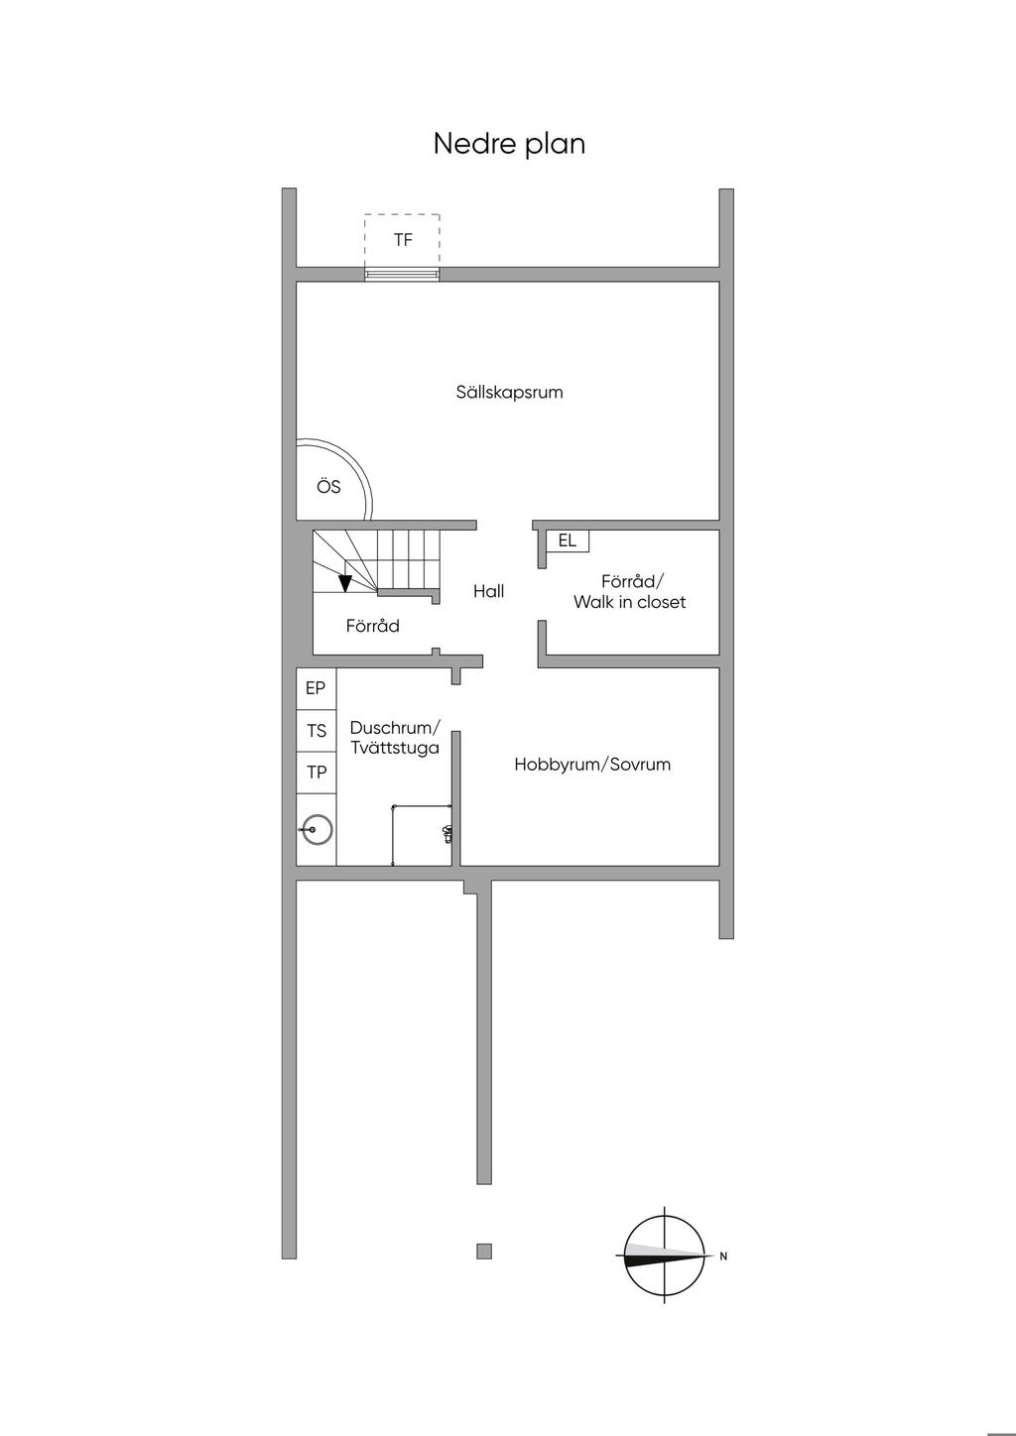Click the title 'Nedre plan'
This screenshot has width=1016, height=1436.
click(x=509, y=144)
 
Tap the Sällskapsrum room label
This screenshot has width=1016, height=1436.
click(x=509, y=392)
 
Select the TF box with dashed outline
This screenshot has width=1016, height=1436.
click(x=402, y=240)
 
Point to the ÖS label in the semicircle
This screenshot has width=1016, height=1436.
click(x=328, y=487)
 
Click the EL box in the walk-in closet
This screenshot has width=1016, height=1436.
click(x=568, y=541)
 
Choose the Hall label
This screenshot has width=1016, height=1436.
click(x=488, y=591)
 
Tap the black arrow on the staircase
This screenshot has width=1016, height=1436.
click(x=345, y=583)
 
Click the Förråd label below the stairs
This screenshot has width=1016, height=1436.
click(x=372, y=626)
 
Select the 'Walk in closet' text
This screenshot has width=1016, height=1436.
click(x=629, y=602)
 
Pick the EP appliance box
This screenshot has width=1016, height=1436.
click(x=316, y=688)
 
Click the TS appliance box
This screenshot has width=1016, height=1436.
click(x=317, y=731)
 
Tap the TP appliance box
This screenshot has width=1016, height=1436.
click(x=317, y=773)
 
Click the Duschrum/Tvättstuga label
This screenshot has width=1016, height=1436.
click(x=394, y=738)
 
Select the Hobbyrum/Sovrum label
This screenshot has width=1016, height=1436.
click(x=592, y=765)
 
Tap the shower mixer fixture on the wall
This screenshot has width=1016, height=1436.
click(x=447, y=833)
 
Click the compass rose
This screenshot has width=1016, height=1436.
click(x=665, y=1255)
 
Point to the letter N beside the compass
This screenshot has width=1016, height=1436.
click(x=723, y=1256)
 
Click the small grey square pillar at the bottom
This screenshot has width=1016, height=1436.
click(x=484, y=1251)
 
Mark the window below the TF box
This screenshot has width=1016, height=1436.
click(x=402, y=275)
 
